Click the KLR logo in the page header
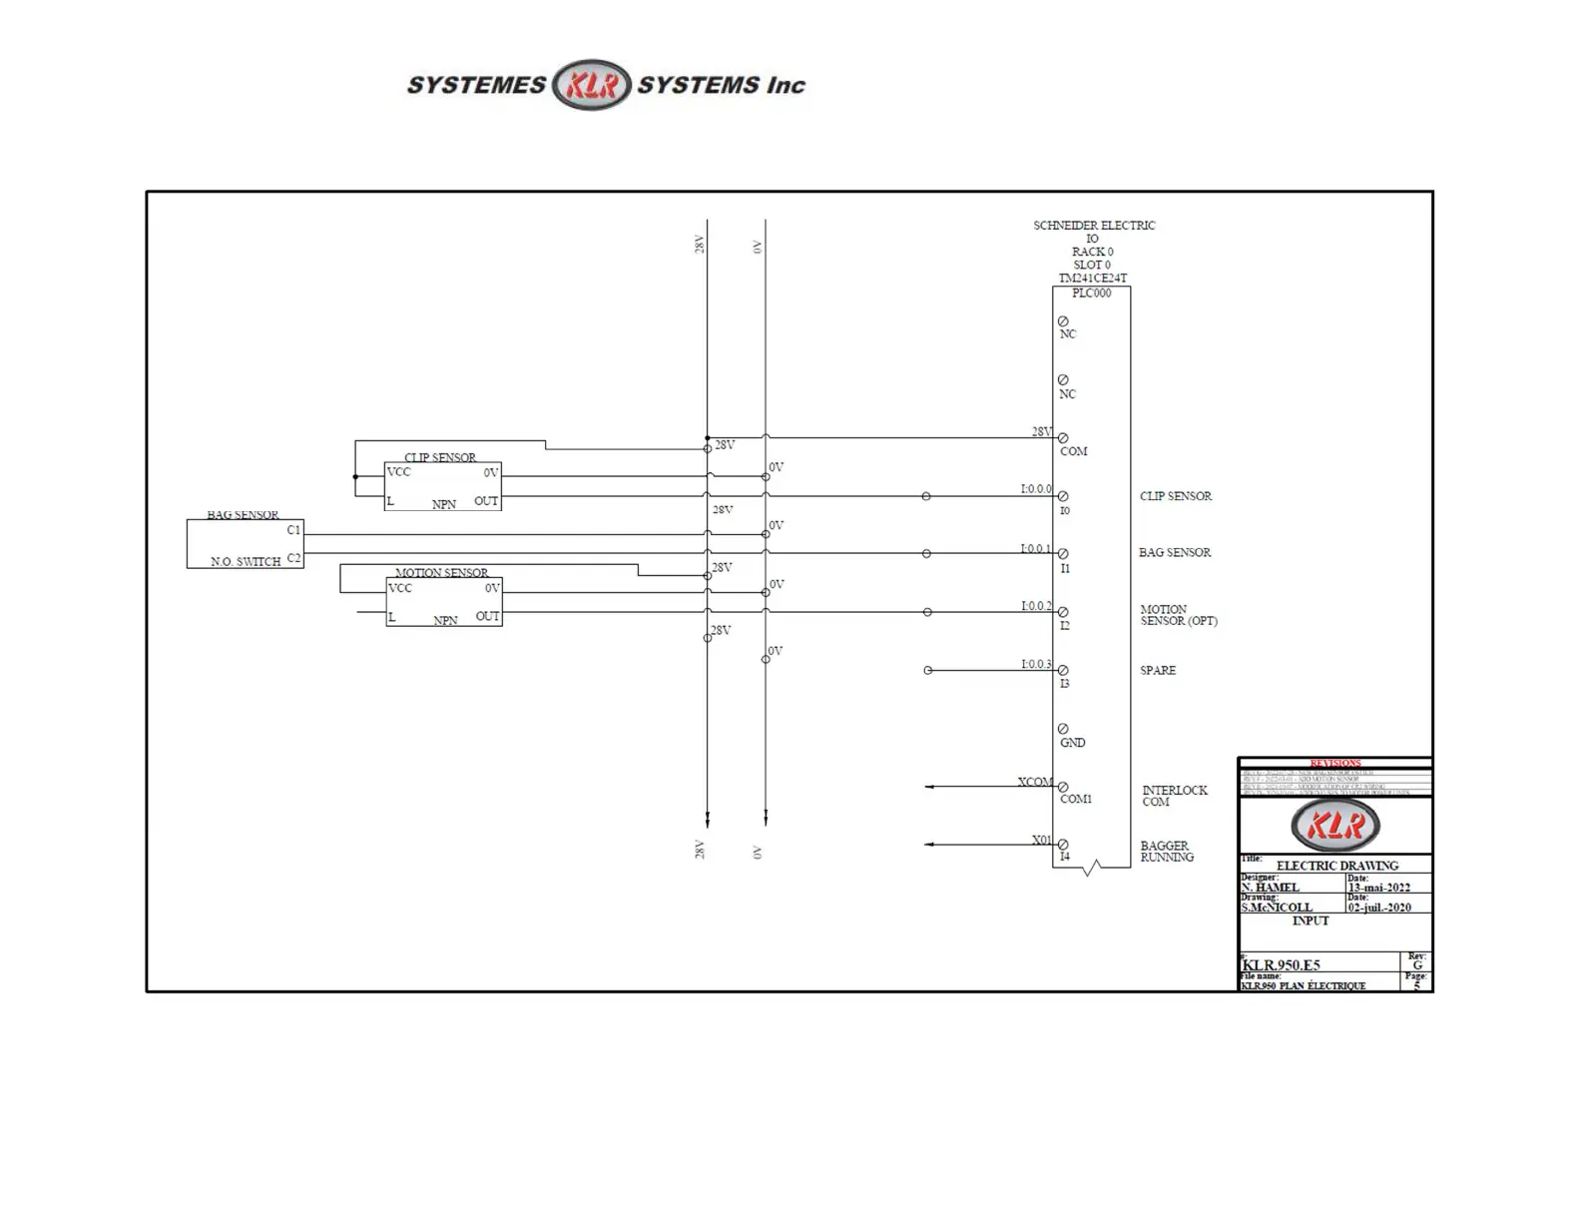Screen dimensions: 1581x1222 592,85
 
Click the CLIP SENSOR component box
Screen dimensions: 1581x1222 442,486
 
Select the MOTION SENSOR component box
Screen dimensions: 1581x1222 443,602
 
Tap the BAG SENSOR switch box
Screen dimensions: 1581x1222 245,543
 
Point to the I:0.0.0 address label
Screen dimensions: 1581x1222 1035,489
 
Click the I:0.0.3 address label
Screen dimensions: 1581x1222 1035,664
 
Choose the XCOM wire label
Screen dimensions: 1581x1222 1035,782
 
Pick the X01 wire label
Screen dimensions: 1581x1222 1041,840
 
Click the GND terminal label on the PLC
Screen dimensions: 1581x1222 1072,743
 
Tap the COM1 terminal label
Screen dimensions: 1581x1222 1075,799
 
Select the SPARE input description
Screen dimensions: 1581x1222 1158,670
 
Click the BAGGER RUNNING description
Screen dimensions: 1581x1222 1166,851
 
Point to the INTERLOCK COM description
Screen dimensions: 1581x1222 1174,796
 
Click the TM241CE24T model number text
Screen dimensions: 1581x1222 1092,279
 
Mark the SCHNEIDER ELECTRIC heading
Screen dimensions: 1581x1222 1094,226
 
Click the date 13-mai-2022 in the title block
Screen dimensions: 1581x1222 1378,888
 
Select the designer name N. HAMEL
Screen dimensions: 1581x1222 1270,888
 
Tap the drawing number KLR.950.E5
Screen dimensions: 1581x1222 1281,965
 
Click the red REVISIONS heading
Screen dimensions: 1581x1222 1334,763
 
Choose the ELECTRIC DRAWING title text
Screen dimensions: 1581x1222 1336,866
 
